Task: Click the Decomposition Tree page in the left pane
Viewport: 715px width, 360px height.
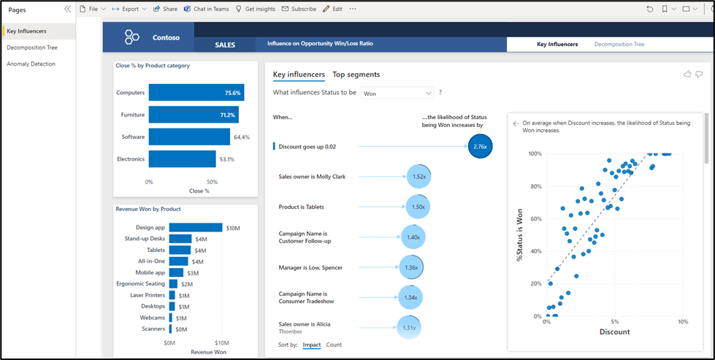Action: [x=32, y=47]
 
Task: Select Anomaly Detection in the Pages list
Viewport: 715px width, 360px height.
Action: [x=31, y=64]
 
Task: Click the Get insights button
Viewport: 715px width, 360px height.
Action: [x=256, y=9]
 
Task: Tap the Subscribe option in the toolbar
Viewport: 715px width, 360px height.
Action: [x=299, y=9]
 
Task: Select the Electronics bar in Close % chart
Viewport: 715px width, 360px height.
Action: [x=182, y=158]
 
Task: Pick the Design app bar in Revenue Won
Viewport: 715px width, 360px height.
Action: [x=195, y=228]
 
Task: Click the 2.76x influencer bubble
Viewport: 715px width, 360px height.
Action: [x=480, y=146]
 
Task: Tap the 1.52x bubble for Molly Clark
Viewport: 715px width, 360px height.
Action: [x=418, y=176]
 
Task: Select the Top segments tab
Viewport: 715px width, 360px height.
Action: [x=356, y=74]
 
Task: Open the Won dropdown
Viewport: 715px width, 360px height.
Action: [x=397, y=93]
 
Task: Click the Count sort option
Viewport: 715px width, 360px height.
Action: [x=334, y=345]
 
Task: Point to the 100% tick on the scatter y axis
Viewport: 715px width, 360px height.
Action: [x=535, y=154]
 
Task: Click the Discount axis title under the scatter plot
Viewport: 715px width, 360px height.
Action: [x=614, y=332]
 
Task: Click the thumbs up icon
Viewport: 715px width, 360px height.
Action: [x=687, y=74]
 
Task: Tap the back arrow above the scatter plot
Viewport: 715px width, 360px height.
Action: [x=516, y=123]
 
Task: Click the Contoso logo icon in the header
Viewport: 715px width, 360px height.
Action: [x=132, y=37]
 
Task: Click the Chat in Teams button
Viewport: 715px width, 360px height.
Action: [x=207, y=9]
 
